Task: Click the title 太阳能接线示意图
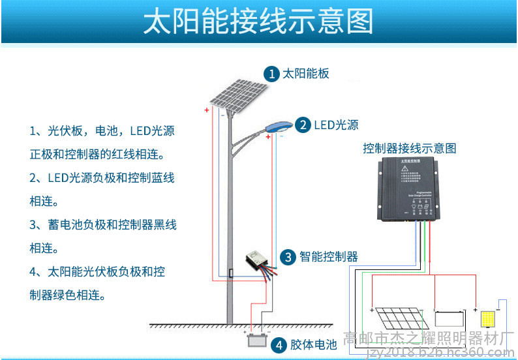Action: coord(258,22)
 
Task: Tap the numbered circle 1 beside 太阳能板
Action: coord(271,74)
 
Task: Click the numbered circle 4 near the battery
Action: coord(278,344)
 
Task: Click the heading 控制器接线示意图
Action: coord(409,148)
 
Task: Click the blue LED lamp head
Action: coord(278,125)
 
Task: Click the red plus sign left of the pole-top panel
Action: coord(206,110)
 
